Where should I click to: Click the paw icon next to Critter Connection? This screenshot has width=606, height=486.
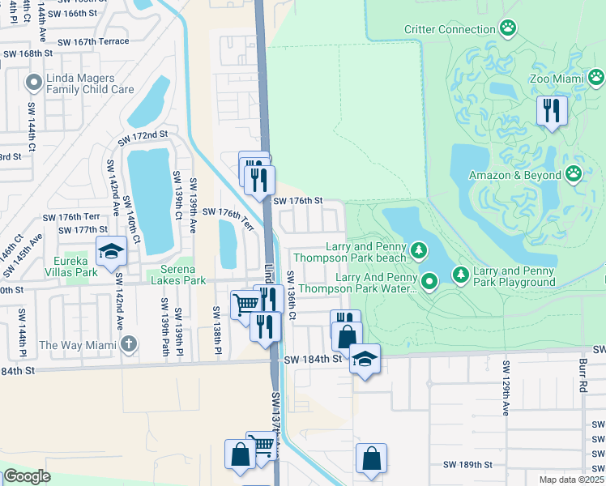pyautogui.click(x=508, y=29)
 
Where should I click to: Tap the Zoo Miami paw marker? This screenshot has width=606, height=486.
pyautogui.click(x=596, y=78)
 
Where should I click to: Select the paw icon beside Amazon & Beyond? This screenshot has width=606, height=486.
pyautogui.click(x=574, y=174)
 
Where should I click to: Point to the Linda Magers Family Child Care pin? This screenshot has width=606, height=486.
pyautogui.click(x=33, y=82)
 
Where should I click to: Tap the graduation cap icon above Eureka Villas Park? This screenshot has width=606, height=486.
pyautogui.click(x=112, y=251)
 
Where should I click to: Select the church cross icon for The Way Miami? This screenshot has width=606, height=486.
pyautogui.click(x=127, y=345)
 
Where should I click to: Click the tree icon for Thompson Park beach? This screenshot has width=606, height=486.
pyautogui.click(x=419, y=251)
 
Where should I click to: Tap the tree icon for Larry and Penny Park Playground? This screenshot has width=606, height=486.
pyautogui.click(x=461, y=275)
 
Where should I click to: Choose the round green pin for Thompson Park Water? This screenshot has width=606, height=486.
pyautogui.click(x=429, y=282)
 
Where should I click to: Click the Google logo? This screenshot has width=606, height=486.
pyautogui.click(x=27, y=476)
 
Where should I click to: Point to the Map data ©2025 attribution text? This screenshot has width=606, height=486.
pyautogui.click(x=570, y=480)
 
